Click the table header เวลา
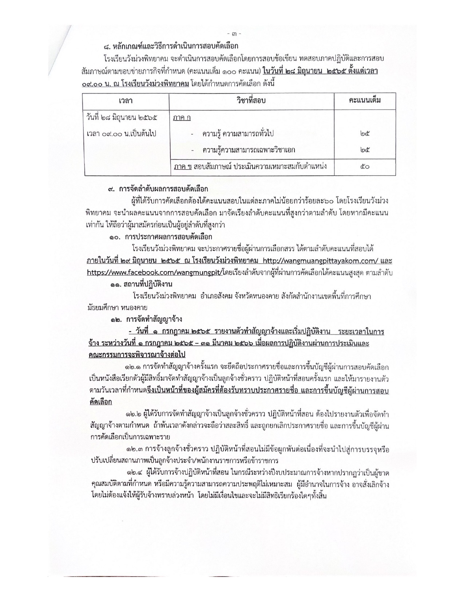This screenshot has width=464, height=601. point(125,100)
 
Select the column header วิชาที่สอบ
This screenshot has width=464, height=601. point(251,100)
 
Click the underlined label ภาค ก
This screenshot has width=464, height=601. point(182,118)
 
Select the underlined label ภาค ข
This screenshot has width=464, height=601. point(183,167)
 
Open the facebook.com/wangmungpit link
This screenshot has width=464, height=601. point(154,272)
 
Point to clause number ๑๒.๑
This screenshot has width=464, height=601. point(133,366)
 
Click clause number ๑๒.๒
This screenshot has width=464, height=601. point(133,415)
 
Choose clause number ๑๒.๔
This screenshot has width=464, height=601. point(133,474)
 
